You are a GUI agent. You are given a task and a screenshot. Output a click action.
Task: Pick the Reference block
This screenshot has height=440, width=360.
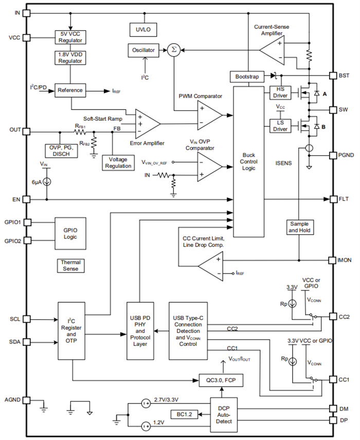point(70,90)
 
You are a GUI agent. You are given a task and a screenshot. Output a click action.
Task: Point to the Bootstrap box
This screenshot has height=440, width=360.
point(247,76)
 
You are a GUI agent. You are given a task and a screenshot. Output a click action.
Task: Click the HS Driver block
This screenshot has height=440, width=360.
point(280,93)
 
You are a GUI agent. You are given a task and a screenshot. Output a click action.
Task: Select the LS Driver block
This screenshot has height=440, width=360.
point(280,125)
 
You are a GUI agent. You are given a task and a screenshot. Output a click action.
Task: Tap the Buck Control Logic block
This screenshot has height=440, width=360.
point(249,161)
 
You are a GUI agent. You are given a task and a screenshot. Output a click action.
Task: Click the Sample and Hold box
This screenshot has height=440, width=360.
point(299,227)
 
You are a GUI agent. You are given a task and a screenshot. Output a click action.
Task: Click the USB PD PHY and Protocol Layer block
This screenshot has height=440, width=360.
point(140,331)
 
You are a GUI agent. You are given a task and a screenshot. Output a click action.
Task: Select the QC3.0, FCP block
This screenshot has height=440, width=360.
point(221,381)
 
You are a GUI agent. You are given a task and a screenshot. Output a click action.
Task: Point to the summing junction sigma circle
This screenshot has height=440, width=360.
point(174,50)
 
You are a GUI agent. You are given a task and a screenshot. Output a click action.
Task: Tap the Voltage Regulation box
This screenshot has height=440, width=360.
point(118,162)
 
